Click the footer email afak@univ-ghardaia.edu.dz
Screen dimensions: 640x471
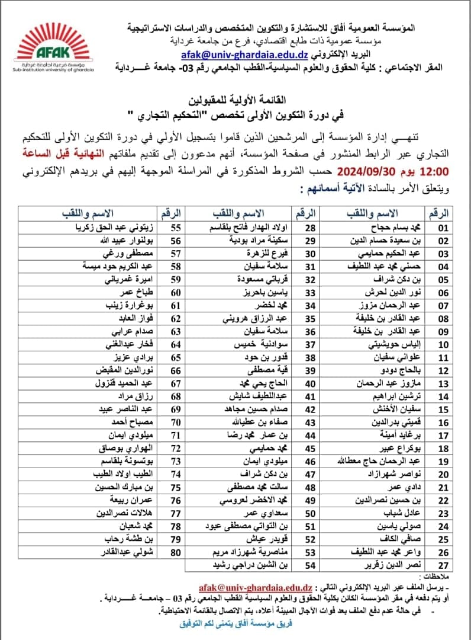click(249, 584)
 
